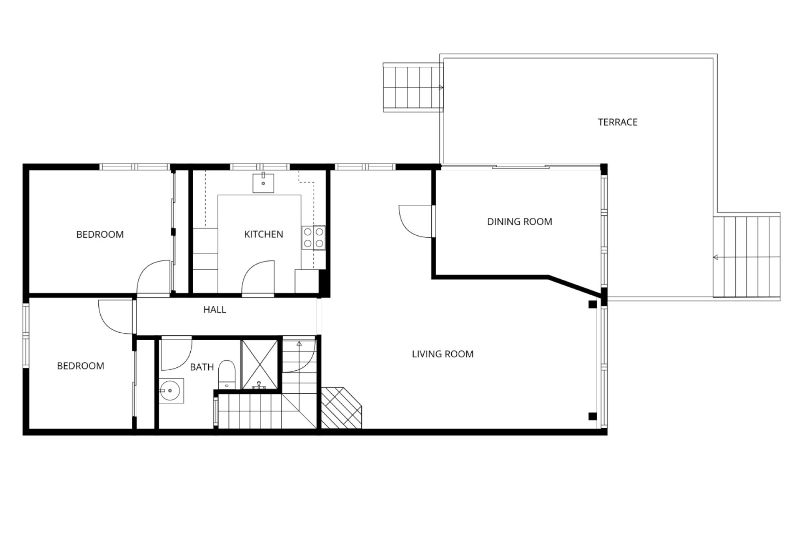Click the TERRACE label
[617, 122]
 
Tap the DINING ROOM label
[519, 222]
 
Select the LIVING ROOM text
[442, 354]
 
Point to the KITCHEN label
[263, 234]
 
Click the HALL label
[215, 309]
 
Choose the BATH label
[202, 367]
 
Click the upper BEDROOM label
[100, 234]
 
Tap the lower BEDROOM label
[80, 366]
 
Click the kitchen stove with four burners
[313, 237]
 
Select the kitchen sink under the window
[263, 182]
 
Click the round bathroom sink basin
[171, 391]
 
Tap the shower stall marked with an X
[260, 365]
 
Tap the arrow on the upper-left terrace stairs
[441, 88]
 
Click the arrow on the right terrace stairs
[716, 257]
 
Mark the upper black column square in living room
[592, 305]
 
